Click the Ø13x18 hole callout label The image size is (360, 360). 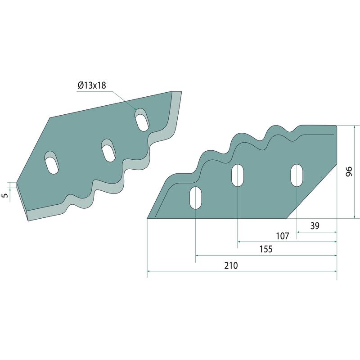pos(92,85)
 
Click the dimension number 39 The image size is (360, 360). pos(315,226)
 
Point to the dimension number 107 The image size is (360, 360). pos(283,236)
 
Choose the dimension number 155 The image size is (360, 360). pos(266,249)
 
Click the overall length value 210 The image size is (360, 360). pos(231,265)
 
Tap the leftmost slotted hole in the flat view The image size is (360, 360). pos(195,198)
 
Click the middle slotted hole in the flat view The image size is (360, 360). pos(238,175)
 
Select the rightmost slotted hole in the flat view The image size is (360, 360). pos(297,175)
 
